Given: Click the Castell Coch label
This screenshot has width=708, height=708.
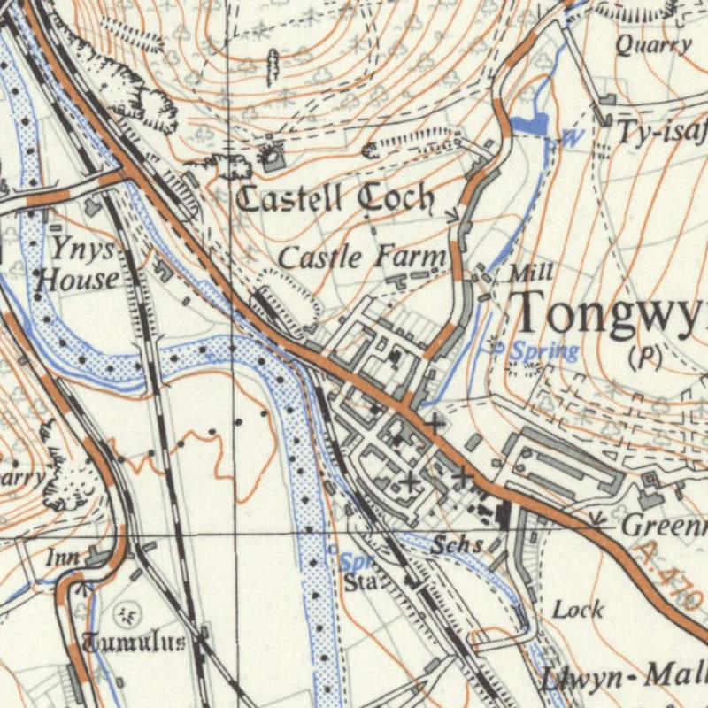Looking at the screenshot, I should (x=335, y=199).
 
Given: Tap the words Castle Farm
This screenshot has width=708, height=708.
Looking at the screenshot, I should (x=362, y=258).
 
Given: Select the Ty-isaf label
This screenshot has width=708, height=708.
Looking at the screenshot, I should (x=662, y=134).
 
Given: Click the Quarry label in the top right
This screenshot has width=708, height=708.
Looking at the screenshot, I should (x=653, y=46).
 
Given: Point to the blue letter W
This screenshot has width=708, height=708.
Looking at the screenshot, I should (x=573, y=138).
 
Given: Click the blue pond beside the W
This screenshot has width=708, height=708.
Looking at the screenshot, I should (x=529, y=125).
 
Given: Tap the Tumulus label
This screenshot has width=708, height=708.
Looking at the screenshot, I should (x=133, y=643).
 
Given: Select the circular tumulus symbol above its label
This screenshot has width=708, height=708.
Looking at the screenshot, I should (x=129, y=612).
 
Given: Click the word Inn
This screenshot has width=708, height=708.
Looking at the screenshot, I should (x=64, y=558).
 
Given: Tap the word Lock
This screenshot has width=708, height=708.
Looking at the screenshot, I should (x=579, y=609).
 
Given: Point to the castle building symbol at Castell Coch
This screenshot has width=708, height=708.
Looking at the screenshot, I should (x=271, y=158).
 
